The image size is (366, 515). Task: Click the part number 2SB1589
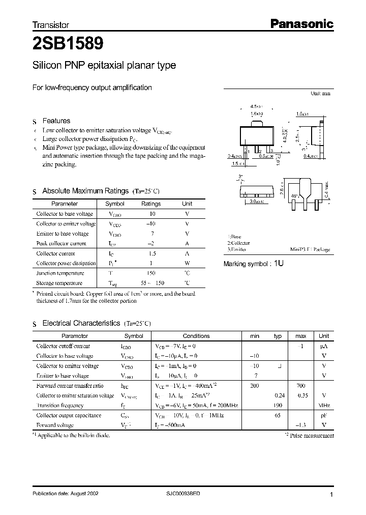pyautogui.click(x=68, y=44)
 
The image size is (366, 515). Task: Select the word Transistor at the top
pyautogui.click(x=50, y=24)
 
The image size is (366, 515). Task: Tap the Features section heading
pyautogui.click(x=56, y=121)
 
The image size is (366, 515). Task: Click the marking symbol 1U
pyautogui.click(x=279, y=264)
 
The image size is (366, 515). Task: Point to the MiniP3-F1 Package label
pyautogui.click(x=310, y=249)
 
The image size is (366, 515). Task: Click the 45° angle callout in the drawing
pyautogui.click(x=295, y=195)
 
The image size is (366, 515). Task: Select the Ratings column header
pyautogui.click(x=150, y=204)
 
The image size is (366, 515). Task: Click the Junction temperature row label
pyautogui.click(x=60, y=273)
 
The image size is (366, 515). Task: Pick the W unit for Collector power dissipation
pyautogui.click(x=187, y=263)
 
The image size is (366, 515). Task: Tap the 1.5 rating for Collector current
pyautogui.click(x=150, y=253)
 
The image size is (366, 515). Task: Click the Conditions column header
pyautogui.click(x=196, y=336)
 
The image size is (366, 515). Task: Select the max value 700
pyautogui.click(x=300, y=386)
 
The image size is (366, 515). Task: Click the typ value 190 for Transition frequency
pyautogui.click(x=278, y=406)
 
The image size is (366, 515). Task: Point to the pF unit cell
pyautogui.click(x=323, y=415)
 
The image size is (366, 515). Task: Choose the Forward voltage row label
pyautogui.click(x=55, y=425)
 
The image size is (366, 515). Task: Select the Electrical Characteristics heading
pyautogui.click(x=81, y=323)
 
